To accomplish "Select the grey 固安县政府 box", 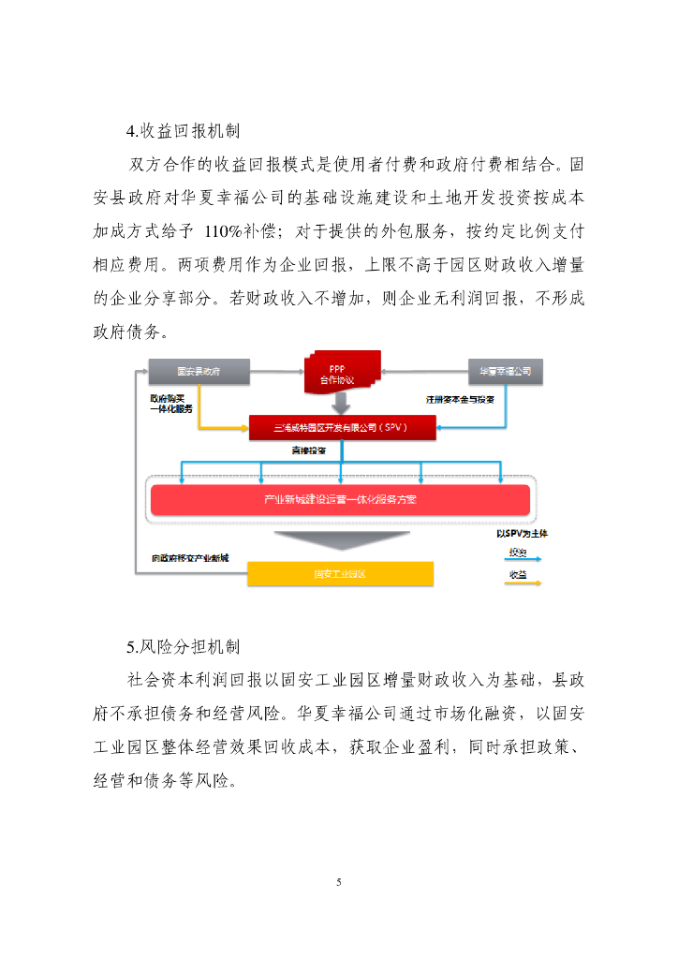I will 199,372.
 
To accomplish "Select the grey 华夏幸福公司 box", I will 505,372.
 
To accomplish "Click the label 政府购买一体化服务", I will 170,404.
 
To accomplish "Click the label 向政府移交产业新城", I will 190,558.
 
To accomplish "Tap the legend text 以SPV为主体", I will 522,533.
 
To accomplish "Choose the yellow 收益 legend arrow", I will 524,581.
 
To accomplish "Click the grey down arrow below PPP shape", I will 341,404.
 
